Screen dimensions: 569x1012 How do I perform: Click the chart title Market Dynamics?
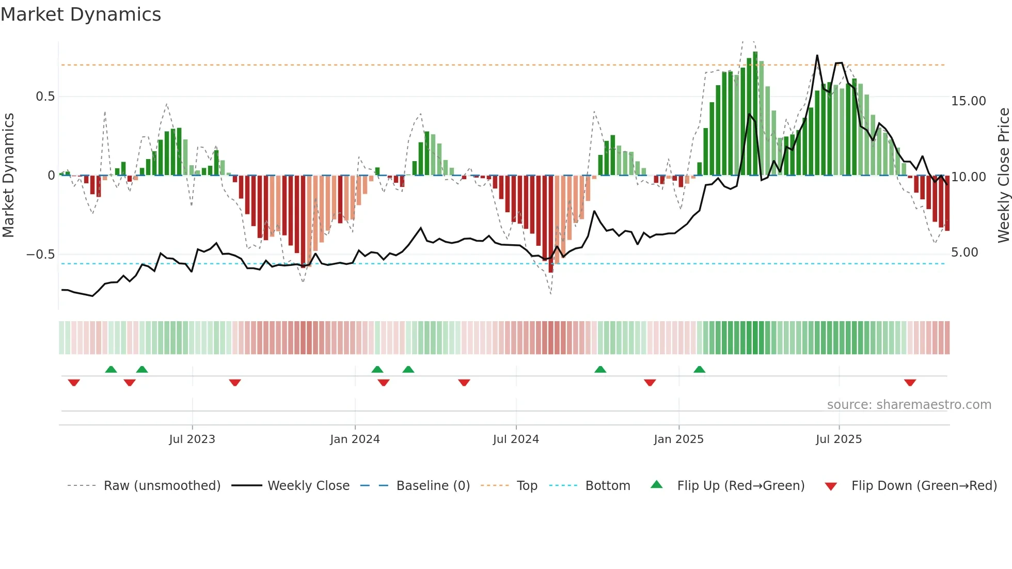click(81, 14)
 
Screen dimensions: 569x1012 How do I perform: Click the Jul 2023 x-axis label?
click(192, 439)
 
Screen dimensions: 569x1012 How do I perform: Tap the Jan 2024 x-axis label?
click(355, 439)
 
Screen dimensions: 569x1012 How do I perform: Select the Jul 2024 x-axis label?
click(516, 439)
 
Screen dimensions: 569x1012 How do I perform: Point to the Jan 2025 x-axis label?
click(678, 439)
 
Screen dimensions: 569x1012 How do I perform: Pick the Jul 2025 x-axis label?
click(839, 439)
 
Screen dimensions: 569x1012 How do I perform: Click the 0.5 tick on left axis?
click(45, 97)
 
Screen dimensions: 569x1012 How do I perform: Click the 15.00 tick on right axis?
click(968, 101)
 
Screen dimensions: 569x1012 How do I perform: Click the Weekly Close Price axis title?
click(1003, 176)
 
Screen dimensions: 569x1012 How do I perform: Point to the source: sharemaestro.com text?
click(909, 405)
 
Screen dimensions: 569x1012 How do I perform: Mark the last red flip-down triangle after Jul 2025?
click(910, 383)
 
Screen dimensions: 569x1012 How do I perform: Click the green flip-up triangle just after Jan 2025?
click(699, 370)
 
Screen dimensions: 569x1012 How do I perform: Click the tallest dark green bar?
click(755, 114)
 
